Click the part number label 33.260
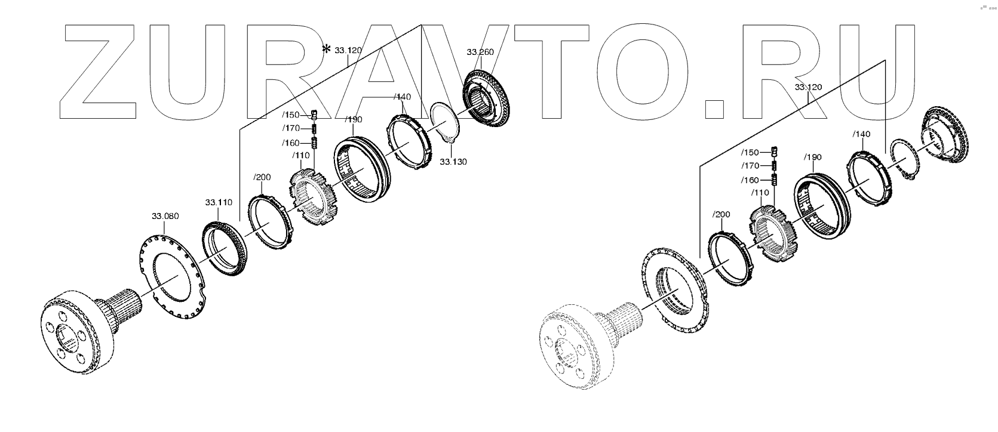(480, 53)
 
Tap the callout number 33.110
(219, 202)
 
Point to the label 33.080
(165, 215)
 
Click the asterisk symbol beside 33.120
(326, 50)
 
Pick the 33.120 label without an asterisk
(808, 87)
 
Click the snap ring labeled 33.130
(445, 122)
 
